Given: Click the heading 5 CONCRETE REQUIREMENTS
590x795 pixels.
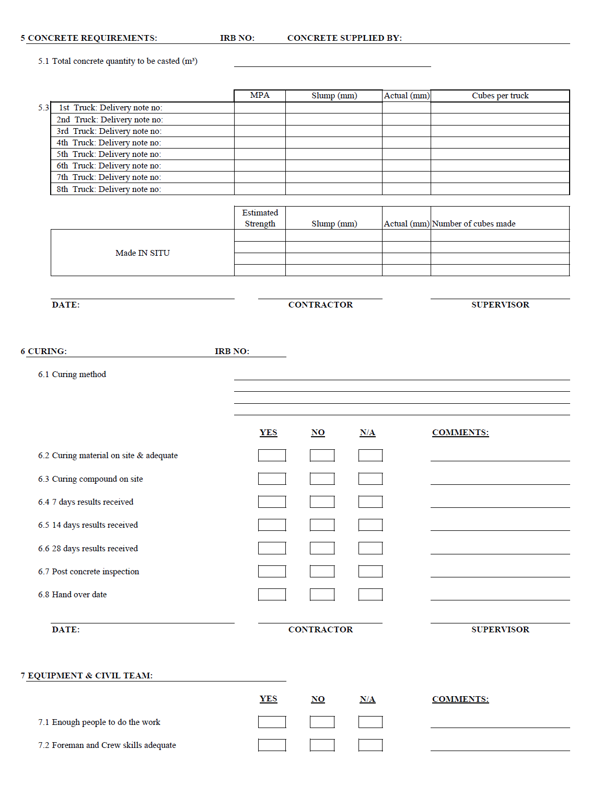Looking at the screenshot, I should [89, 38].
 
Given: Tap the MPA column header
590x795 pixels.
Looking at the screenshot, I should [260, 95].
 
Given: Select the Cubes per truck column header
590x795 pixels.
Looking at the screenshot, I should [500, 96].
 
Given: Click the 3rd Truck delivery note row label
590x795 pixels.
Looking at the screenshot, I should [109, 131].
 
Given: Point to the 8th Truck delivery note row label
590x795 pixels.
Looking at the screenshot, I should [109, 189].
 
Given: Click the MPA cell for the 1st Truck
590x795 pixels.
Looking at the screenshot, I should [260, 108].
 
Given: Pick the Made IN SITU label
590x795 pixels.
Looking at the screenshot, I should [143, 253].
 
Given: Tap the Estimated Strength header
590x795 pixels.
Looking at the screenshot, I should [260, 218].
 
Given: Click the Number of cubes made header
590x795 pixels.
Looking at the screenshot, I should [473, 224].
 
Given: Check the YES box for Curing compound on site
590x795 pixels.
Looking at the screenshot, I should [272, 479].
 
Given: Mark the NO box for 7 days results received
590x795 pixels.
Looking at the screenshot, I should [322, 502].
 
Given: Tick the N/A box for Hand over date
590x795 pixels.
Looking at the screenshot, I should [371, 595].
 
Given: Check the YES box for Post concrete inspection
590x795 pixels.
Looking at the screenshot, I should [272, 572].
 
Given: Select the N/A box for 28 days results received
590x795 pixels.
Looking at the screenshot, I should [371, 548].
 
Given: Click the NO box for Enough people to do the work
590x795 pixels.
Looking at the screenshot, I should [322, 722].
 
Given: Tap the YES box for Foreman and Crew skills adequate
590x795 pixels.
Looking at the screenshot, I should [272, 745].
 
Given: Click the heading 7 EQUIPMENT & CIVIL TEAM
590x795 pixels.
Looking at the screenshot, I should [87, 676].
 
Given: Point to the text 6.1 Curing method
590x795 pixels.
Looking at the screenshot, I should [72, 374].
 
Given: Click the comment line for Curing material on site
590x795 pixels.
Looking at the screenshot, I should [500, 457].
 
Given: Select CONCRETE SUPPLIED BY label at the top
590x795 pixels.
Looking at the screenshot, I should [344, 38].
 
